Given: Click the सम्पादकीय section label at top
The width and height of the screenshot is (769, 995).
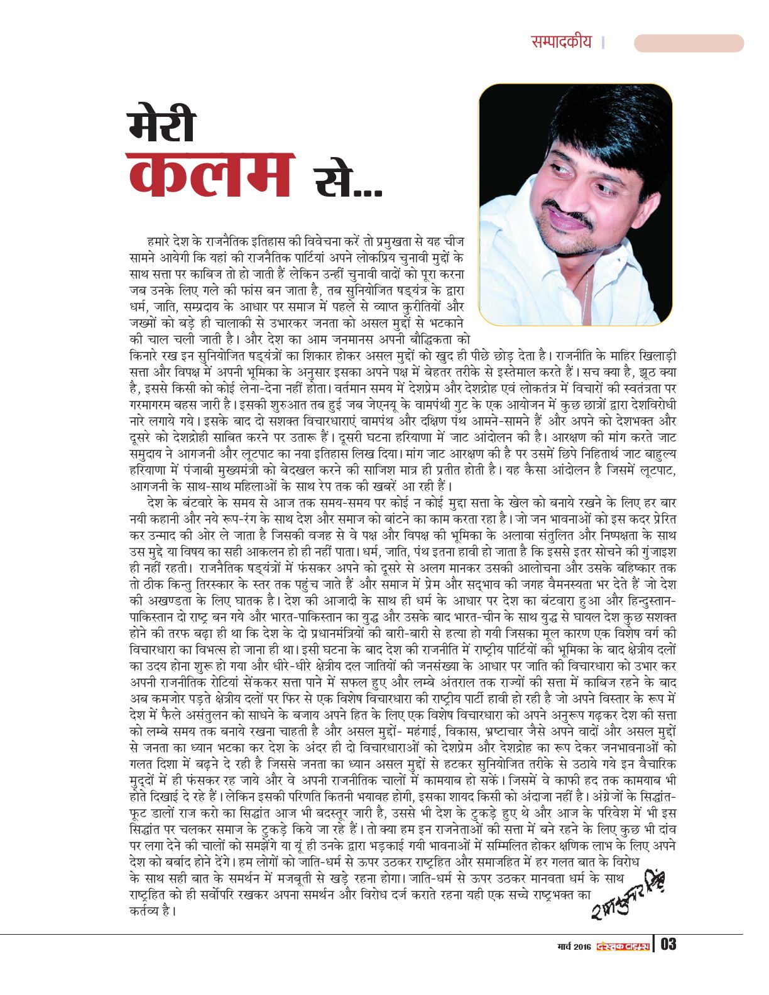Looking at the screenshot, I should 561,42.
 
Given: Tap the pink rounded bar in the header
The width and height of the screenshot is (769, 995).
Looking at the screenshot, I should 689,43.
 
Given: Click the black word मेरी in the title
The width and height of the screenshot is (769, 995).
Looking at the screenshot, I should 161,125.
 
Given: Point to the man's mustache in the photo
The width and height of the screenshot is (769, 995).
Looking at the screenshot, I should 569,214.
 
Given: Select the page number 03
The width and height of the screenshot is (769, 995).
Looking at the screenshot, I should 668,944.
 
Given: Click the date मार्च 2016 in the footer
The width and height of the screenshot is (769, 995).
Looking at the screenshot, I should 574,946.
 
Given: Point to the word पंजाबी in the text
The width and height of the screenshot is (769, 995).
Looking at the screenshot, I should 206,469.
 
